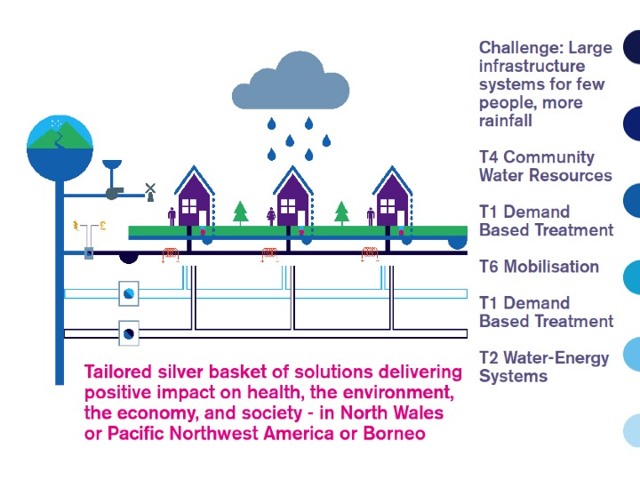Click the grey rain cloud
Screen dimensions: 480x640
(x=289, y=84)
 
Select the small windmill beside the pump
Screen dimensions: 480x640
(x=150, y=189)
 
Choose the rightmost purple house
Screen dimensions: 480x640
(x=392, y=200)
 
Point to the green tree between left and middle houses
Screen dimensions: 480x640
(x=240, y=212)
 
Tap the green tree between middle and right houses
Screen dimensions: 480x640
(x=341, y=212)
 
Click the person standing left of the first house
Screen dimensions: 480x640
(x=172, y=216)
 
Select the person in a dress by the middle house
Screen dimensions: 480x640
(x=271, y=215)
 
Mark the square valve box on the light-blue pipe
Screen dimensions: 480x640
(x=129, y=292)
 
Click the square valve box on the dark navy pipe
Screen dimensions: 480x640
(x=129, y=333)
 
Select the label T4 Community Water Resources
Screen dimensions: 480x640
(x=545, y=166)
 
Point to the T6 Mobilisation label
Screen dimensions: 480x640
(x=539, y=266)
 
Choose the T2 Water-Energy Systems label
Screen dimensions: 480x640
(x=543, y=366)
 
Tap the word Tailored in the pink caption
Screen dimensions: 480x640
(x=116, y=372)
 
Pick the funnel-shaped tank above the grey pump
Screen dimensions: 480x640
(x=111, y=168)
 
